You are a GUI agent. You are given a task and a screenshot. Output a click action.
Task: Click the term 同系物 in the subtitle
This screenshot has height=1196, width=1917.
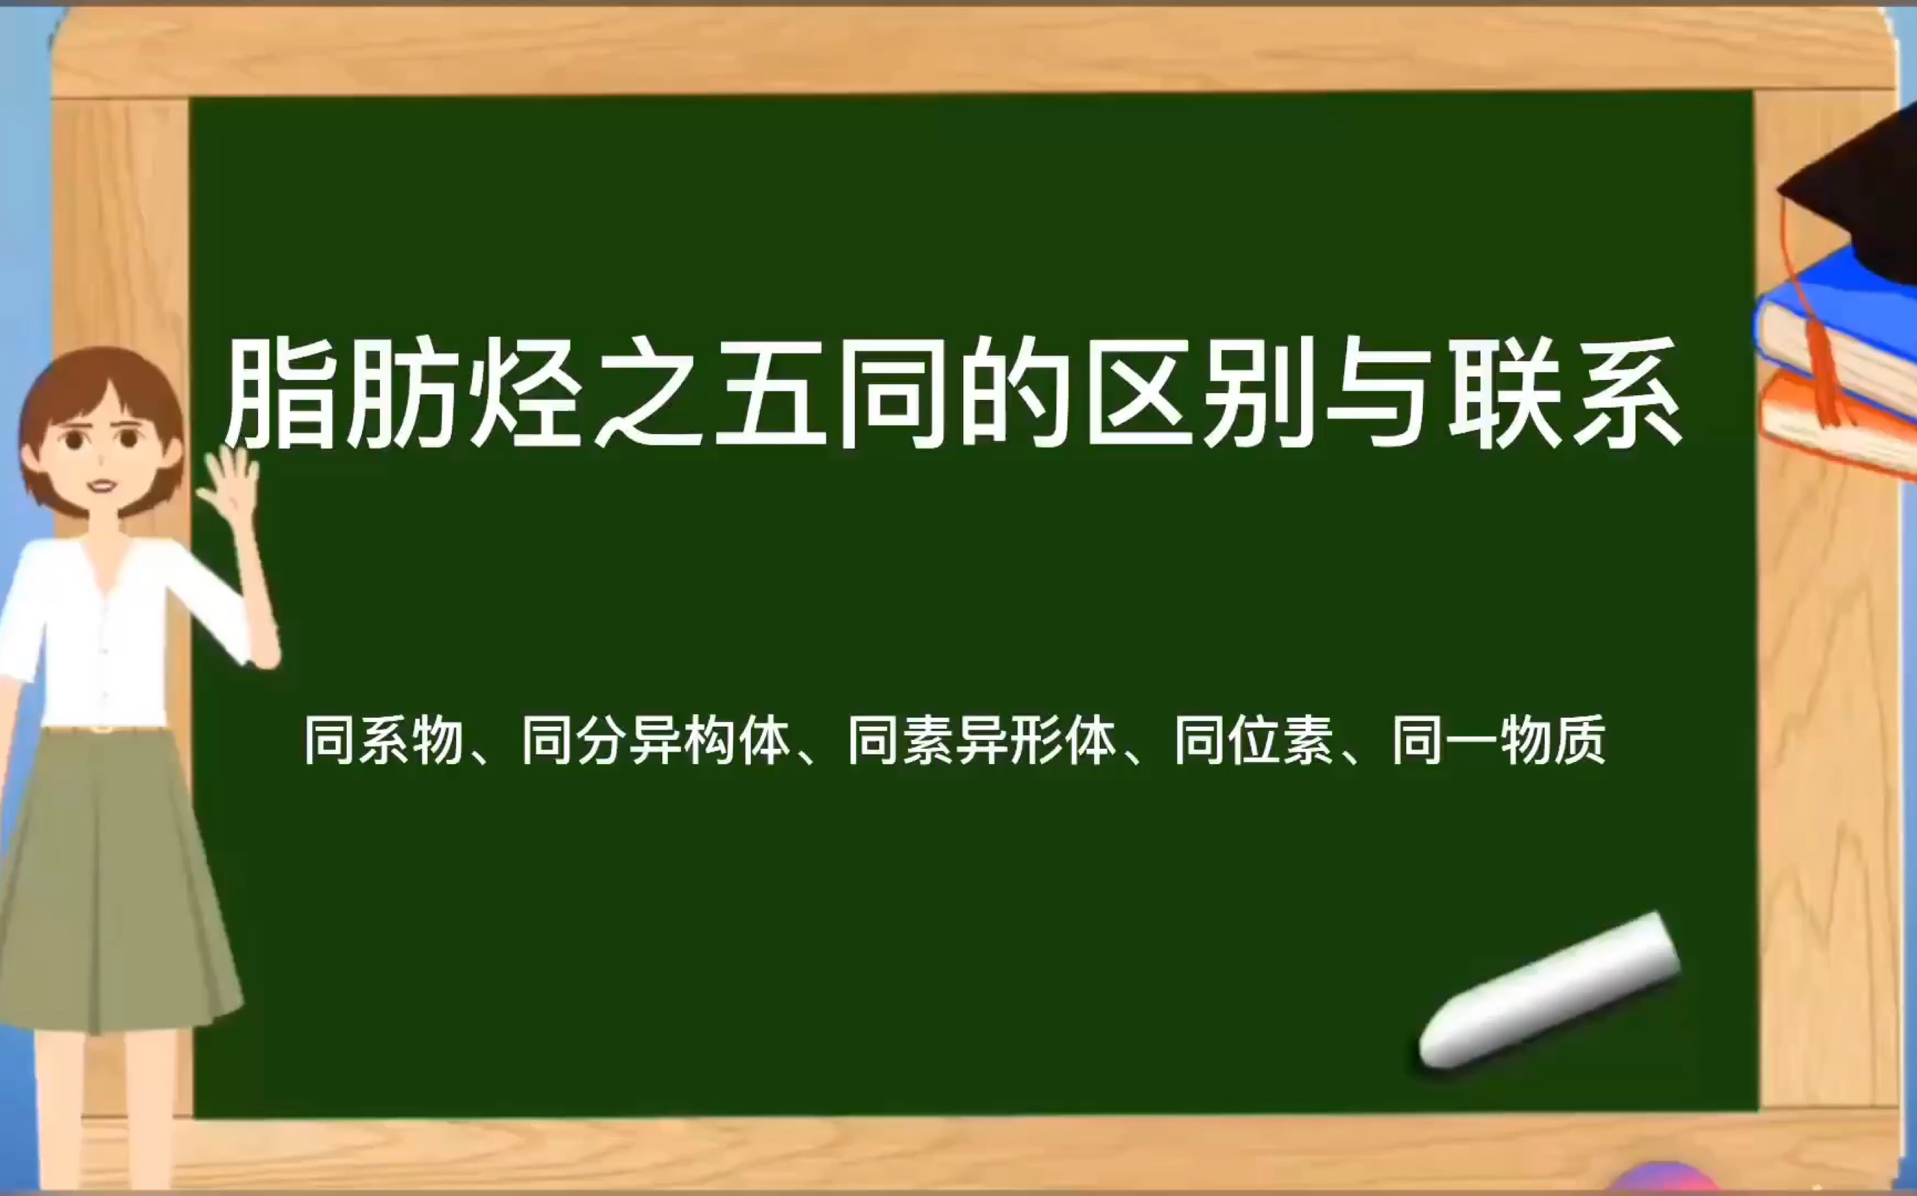click(383, 741)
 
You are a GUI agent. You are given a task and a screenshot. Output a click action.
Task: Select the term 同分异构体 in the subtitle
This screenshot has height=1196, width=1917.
click(656, 741)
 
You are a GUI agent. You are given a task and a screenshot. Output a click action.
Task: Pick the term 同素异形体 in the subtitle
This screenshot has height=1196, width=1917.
click(982, 741)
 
